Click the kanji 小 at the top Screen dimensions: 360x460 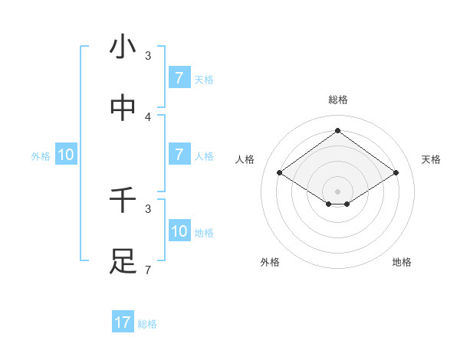pyautogui.click(x=123, y=47)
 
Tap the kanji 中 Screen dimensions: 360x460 pyautogui.click(x=123, y=108)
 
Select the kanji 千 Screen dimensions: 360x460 pyautogui.click(x=123, y=201)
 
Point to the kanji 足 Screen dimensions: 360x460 pyautogui.click(x=123, y=261)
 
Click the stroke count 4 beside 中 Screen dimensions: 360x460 pyautogui.click(x=148, y=116)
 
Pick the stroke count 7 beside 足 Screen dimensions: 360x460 pyautogui.click(x=148, y=270)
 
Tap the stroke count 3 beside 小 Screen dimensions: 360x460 pyautogui.click(x=148, y=56)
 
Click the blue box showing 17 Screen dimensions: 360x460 pyautogui.click(x=123, y=322)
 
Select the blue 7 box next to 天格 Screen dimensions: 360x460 pyautogui.click(x=179, y=77)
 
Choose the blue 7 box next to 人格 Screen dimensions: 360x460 pyautogui.click(x=179, y=155)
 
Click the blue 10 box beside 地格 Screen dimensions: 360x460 pyautogui.click(x=179, y=231)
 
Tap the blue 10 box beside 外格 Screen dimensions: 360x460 pyautogui.click(x=66, y=155)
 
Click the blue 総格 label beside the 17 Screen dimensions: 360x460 pyautogui.click(x=147, y=324)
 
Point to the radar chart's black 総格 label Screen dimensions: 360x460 pyautogui.click(x=338, y=100)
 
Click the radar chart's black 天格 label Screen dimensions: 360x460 pyautogui.click(x=432, y=159)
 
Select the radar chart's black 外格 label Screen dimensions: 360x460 pyautogui.click(x=270, y=262)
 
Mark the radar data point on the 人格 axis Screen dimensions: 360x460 pyautogui.click(x=279, y=173)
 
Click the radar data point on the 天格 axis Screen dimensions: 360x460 pyautogui.click(x=396, y=173)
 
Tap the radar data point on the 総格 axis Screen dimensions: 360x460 pyautogui.click(x=337, y=130)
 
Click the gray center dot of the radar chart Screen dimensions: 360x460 pyautogui.click(x=337, y=191)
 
